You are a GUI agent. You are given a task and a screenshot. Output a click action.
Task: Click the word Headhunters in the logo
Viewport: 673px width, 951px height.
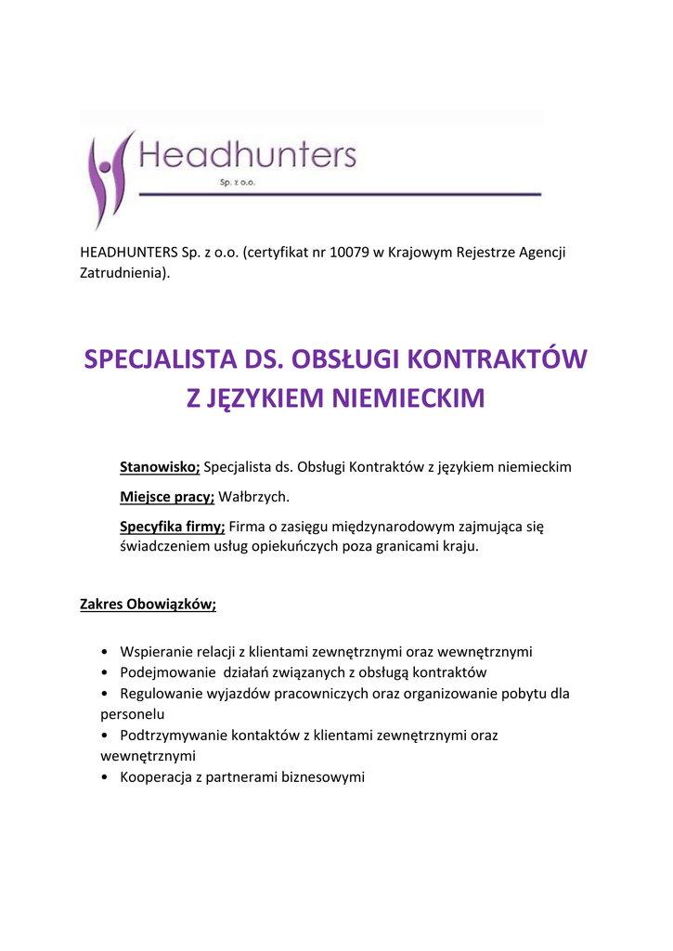point(248,154)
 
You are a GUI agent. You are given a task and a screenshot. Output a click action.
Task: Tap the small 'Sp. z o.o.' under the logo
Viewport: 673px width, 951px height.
point(238,184)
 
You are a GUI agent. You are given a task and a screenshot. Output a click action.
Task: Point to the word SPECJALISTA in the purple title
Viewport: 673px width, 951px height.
point(159,359)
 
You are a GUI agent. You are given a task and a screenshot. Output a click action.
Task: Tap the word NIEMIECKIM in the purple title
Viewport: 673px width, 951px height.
point(408,399)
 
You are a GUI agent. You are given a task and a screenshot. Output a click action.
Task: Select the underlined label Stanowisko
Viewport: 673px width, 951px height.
point(160,467)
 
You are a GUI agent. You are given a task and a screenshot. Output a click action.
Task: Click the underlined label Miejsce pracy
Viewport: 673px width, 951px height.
point(167,497)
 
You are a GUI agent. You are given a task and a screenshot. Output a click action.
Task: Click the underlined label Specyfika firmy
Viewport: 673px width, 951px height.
point(172,527)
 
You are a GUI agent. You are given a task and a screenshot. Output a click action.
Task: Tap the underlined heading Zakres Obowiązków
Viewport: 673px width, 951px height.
point(149,605)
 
